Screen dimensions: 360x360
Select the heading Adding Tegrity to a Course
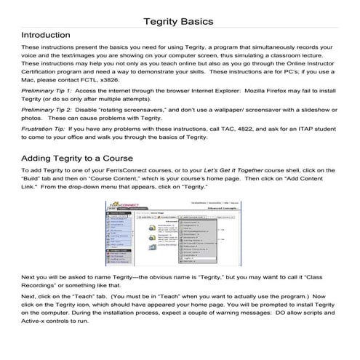[77, 178]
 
